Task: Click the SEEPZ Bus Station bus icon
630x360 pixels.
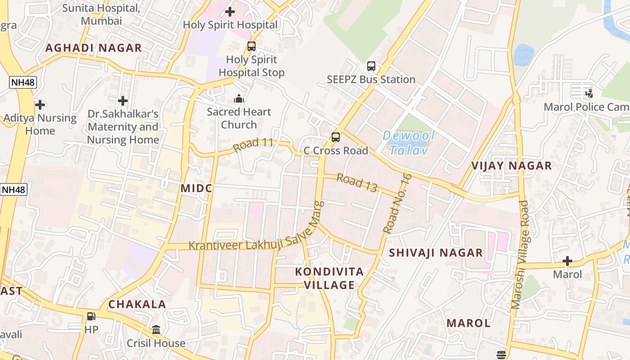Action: click(x=371, y=66)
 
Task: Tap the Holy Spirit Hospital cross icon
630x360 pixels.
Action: click(x=230, y=12)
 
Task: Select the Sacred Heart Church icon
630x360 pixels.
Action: click(x=238, y=99)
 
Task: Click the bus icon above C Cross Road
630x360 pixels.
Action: click(x=336, y=137)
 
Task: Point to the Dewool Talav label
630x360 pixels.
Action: click(x=409, y=143)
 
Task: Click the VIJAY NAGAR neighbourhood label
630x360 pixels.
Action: click(x=511, y=166)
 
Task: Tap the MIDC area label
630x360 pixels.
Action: click(x=196, y=188)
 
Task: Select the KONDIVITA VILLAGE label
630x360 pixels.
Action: click(x=329, y=278)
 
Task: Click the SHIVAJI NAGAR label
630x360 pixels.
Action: click(x=436, y=252)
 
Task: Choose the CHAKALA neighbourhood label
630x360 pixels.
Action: click(x=137, y=304)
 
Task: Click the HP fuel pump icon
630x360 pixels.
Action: click(x=91, y=316)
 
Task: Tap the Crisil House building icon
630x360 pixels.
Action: click(x=156, y=330)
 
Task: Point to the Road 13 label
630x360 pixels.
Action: click(x=357, y=183)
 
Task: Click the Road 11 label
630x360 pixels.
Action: click(x=253, y=144)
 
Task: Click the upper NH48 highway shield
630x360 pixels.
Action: click(x=22, y=82)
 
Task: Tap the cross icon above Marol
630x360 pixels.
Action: click(x=567, y=261)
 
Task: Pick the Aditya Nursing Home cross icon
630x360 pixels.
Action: click(x=40, y=105)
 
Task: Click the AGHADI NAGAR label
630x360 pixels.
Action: click(x=94, y=48)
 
